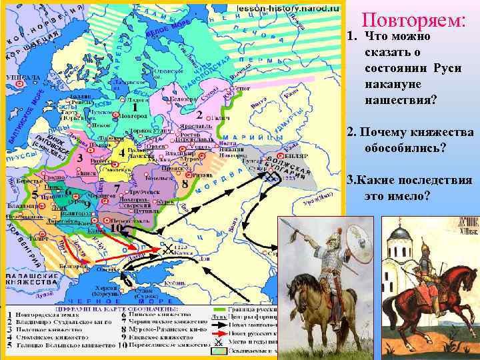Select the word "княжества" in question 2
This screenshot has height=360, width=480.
[x=443, y=132]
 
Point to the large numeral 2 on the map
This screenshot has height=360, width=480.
[x=199, y=107]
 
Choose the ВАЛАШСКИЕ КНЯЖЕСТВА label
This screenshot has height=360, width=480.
[x=30, y=279]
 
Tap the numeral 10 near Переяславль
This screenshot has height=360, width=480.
[x=115, y=229]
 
